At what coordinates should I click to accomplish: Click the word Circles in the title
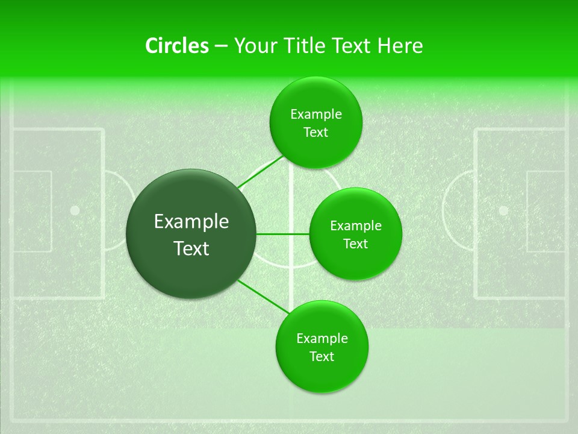[x=176, y=46]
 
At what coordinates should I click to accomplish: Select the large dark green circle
[x=191, y=234]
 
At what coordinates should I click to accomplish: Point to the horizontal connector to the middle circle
[x=282, y=234]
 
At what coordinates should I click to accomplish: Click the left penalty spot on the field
[x=75, y=210]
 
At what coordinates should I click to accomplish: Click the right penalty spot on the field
[x=503, y=210]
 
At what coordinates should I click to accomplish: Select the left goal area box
[x=31, y=210]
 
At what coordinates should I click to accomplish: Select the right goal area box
[x=545, y=210]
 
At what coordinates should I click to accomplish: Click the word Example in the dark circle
[x=191, y=222]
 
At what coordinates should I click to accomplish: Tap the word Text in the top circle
[x=315, y=133]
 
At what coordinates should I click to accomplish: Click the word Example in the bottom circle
[x=322, y=339]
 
